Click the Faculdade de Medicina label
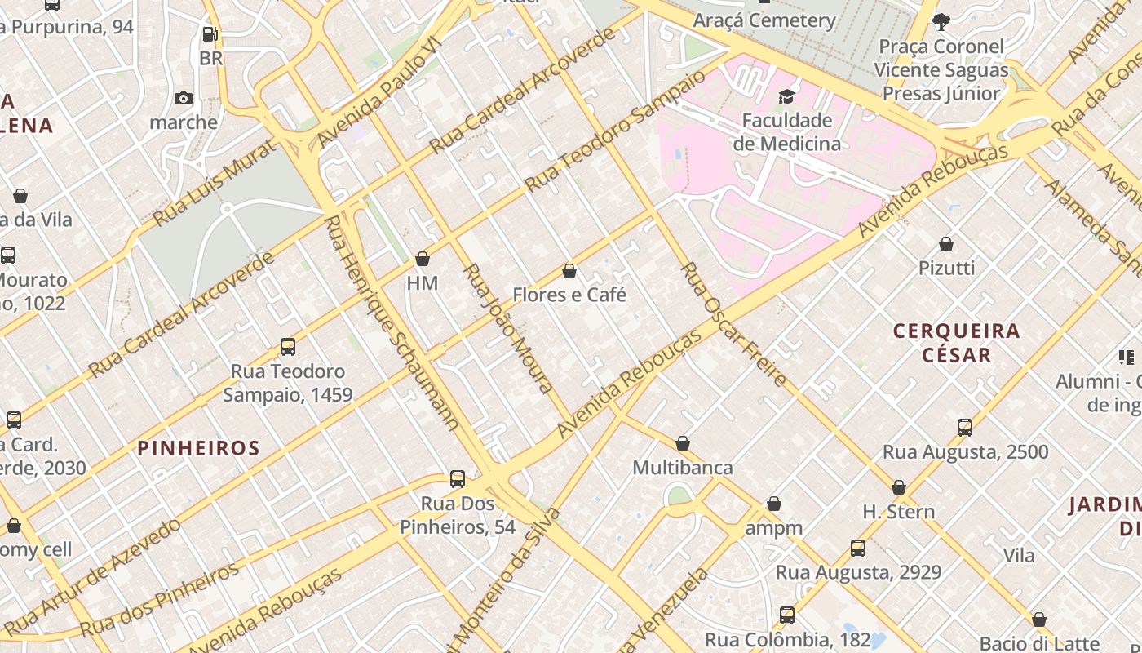pos(786,132)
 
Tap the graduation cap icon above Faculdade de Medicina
pos(786,97)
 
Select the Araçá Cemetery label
pos(764,20)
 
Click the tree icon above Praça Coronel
pos(941,21)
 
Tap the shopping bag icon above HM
pos(423,260)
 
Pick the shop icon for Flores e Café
pos(569,271)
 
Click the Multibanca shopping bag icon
pos(683,443)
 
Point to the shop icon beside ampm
pos(774,504)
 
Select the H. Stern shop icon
pos(899,487)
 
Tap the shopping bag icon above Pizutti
pos(946,244)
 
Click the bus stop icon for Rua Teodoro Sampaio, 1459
pos(288,347)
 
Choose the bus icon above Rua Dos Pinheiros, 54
pos(458,479)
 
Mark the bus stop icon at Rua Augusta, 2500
pos(965,427)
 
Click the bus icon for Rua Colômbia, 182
pos(787,615)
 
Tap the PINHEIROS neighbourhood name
pos(198,448)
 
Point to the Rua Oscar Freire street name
pos(734,324)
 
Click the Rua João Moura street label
pos(508,328)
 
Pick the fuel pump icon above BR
pos(210,34)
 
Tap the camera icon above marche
pos(184,99)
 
